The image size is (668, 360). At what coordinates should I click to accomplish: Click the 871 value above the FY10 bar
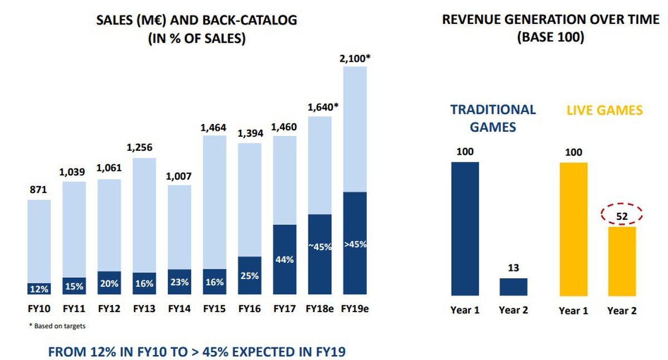click(39, 190)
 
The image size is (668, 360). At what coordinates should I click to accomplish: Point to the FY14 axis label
click(179, 308)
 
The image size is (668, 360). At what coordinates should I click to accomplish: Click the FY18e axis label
click(320, 308)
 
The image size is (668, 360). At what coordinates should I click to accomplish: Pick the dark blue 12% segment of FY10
click(39, 288)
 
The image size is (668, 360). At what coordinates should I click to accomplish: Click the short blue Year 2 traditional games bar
click(513, 287)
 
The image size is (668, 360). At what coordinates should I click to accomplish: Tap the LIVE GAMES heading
click(605, 111)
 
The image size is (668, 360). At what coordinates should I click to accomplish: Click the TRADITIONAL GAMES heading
click(493, 118)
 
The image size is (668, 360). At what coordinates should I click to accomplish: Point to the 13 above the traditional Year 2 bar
click(513, 268)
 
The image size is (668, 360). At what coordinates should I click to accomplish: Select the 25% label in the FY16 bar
click(249, 275)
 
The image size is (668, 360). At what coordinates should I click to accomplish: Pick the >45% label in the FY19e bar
click(355, 244)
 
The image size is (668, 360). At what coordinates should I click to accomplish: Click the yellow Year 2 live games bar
click(622, 261)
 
